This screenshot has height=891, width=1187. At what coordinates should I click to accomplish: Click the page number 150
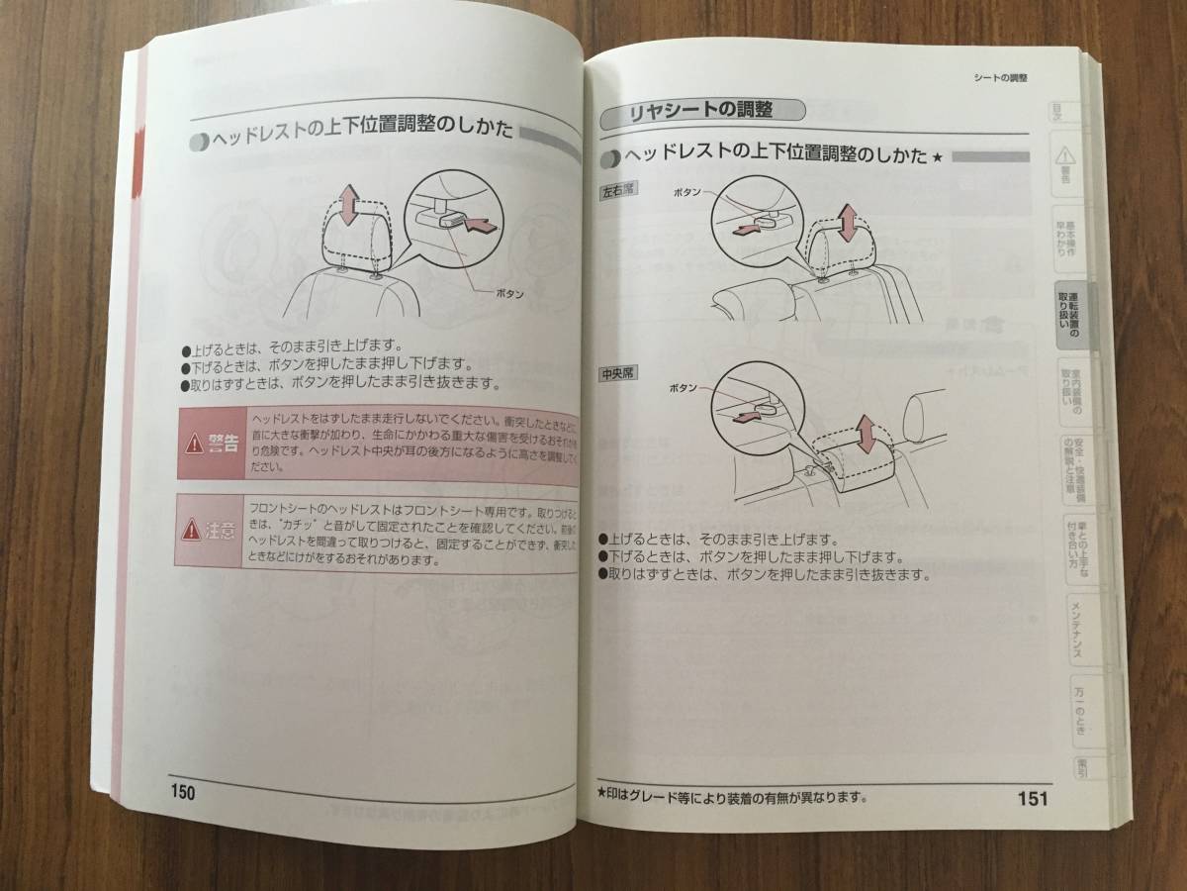point(183,792)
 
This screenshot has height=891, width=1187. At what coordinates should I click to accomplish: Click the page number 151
point(1031,798)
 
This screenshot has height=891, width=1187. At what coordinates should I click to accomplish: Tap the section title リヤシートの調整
point(703,112)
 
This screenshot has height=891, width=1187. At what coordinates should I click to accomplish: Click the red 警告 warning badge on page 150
point(212,443)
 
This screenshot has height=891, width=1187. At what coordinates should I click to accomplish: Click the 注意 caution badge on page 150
point(210,532)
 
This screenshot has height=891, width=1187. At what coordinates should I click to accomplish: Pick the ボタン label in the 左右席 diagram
point(689,188)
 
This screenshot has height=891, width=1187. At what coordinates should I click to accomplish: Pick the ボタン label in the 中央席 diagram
point(685,389)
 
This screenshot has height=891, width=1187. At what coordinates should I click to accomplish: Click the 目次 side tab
point(1056,114)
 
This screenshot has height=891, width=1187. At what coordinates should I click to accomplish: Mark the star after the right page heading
point(938,157)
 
